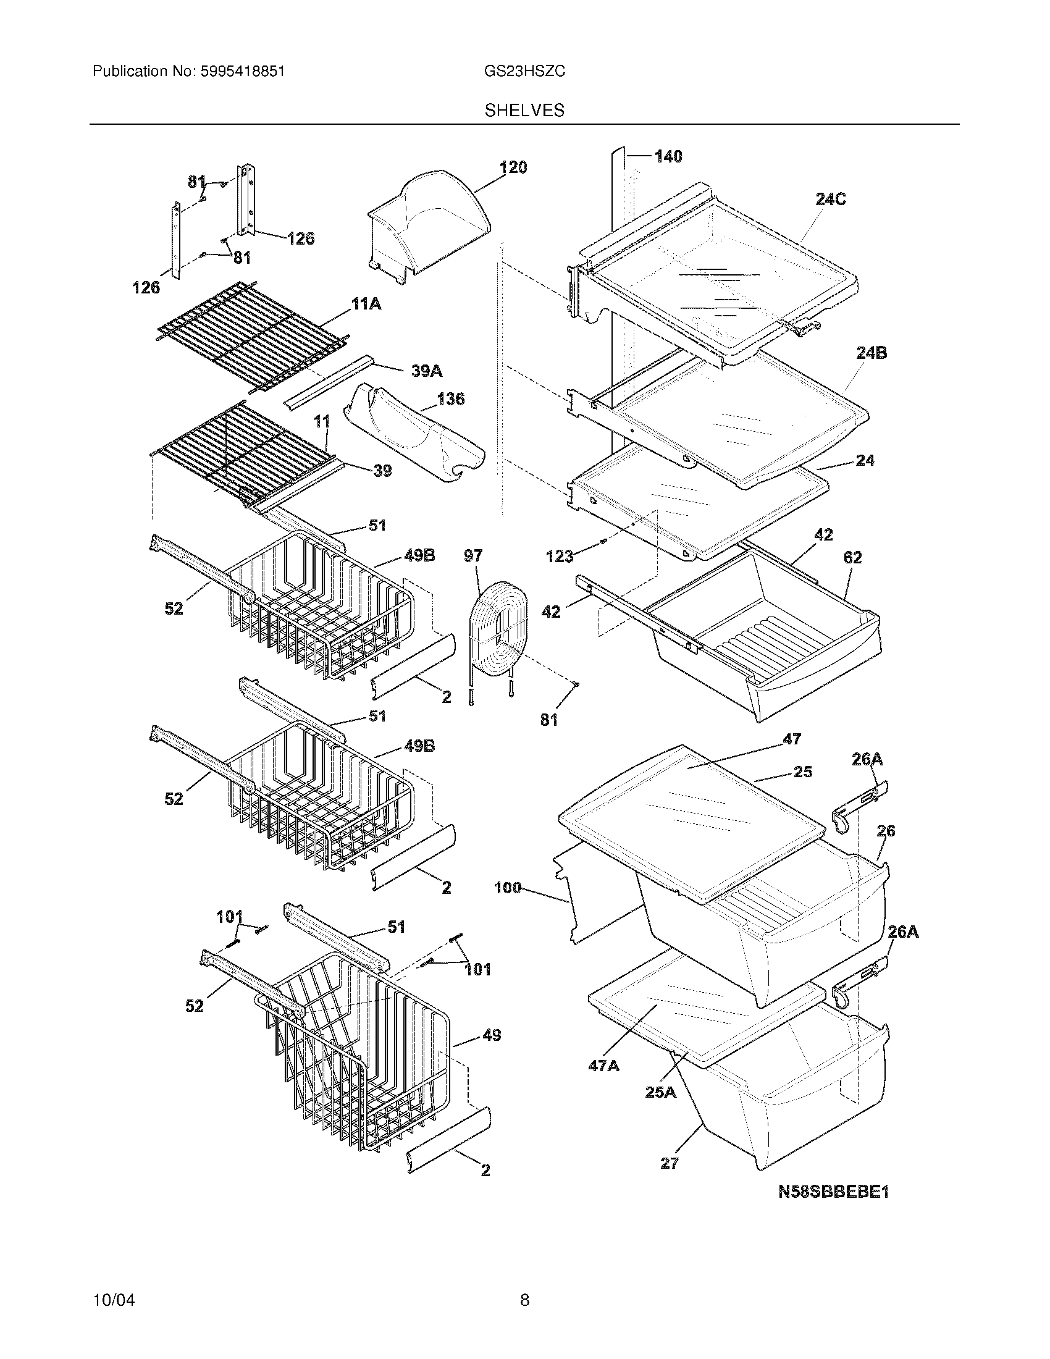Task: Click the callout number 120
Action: [x=513, y=167]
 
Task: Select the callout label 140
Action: [x=668, y=156]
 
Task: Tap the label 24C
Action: [x=831, y=200]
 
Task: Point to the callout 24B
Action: [x=871, y=353]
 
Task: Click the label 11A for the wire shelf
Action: [x=366, y=305]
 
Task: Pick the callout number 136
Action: [x=450, y=399]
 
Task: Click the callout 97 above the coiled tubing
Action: [x=472, y=556]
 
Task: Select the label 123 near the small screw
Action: [x=559, y=557]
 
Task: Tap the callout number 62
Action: [x=852, y=558]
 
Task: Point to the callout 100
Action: [x=508, y=888]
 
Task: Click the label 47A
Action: [x=603, y=1066]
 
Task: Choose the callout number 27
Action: [x=670, y=1163]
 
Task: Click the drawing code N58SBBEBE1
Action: [x=834, y=1192]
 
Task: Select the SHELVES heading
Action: [x=524, y=111]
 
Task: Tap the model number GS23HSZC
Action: [x=524, y=72]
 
